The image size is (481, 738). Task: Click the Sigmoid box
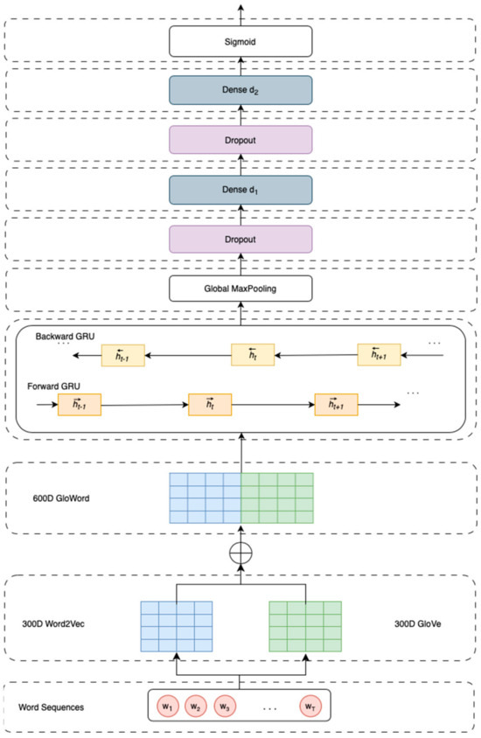coord(240,39)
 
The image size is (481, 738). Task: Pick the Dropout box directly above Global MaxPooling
coord(240,239)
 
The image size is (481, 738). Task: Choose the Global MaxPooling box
coord(240,289)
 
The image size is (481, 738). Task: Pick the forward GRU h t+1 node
coord(337,407)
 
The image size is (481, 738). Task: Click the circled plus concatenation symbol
coord(240,554)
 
